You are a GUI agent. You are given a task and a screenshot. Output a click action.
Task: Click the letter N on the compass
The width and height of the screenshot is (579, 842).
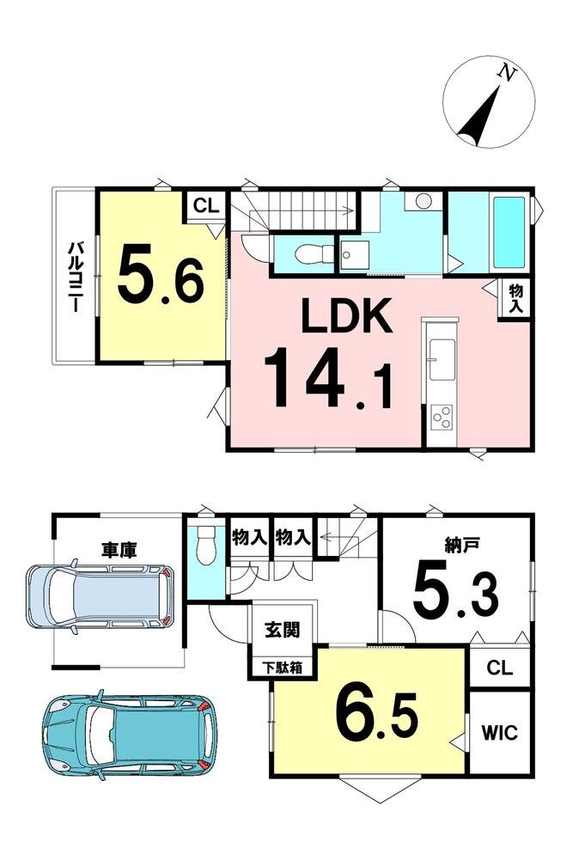click(506, 72)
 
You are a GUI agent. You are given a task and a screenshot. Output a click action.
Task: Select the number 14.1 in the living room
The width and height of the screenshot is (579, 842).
click(328, 378)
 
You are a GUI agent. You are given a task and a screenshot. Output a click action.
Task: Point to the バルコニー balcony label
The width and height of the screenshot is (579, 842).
click(74, 277)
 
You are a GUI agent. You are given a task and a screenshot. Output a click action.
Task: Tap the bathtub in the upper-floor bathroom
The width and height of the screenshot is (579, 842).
click(508, 234)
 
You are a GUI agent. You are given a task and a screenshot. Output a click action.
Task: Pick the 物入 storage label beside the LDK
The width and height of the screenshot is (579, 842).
click(515, 300)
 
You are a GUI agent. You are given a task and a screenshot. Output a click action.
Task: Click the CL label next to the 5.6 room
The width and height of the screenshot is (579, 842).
click(206, 205)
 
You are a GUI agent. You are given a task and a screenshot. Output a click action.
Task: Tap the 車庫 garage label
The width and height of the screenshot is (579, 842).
click(119, 550)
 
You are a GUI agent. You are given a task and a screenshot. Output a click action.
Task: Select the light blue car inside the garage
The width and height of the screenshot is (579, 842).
click(100, 596)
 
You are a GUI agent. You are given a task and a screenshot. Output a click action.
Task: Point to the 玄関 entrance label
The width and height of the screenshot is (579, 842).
click(283, 629)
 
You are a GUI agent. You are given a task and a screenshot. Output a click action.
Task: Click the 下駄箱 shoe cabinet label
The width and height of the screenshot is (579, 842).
click(282, 668)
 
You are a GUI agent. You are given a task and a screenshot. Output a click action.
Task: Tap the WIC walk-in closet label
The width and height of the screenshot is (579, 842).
click(499, 732)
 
